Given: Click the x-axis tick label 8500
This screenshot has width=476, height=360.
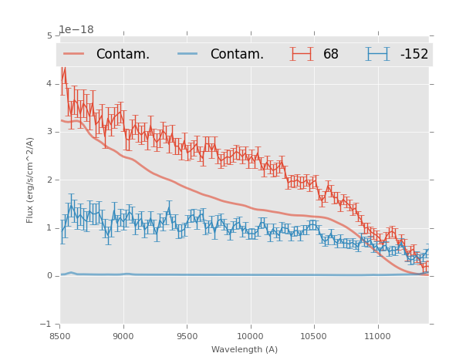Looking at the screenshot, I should pyautogui.click(x=60, y=336).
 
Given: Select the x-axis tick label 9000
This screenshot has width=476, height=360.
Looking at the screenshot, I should pyautogui.click(x=123, y=336).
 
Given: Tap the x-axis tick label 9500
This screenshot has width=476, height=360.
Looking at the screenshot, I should pyautogui.click(x=187, y=336).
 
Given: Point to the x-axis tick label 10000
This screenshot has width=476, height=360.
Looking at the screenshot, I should pyautogui.click(x=251, y=336).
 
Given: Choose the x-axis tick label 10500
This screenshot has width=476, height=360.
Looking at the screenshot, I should pyautogui.click(x=314, y=336).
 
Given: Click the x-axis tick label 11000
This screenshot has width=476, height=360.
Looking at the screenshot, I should pyautogui.click(x=378, y=336).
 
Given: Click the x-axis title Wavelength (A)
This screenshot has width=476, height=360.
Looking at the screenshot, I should pyautogui.click(x=245, y=349).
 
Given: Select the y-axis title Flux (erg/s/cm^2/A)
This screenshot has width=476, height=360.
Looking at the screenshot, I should pyautogui.click(x=31, y=180).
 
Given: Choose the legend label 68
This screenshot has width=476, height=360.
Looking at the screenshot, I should pyautogui.click(x=331, y=54).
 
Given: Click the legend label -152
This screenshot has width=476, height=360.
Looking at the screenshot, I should pyautogui.click(x=414, y=54).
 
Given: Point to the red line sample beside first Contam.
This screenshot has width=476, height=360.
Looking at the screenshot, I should pyautogui.click(x=74, y=54).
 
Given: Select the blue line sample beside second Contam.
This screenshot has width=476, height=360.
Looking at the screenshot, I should pyautogui.click(x=188, y=54).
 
